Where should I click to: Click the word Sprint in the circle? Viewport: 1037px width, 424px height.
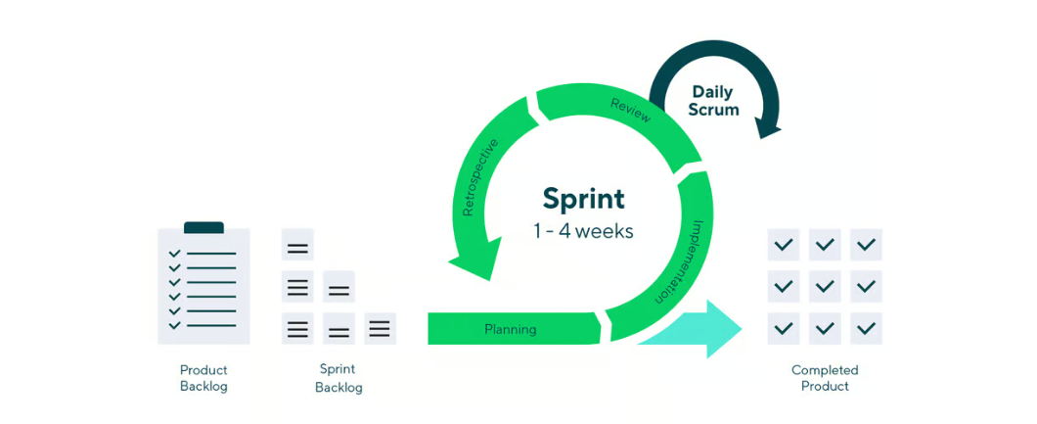coord(583,198)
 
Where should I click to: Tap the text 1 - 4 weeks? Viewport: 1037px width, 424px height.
coord(583,232)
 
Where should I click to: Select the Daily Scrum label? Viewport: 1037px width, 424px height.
coord(712,101)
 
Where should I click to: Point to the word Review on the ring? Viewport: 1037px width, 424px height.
coord(630,111)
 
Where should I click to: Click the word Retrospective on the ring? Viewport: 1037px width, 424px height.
coord(479,176)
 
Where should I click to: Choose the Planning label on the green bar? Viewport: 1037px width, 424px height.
coord(510,329)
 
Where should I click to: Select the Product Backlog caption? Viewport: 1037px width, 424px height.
coord(203,378)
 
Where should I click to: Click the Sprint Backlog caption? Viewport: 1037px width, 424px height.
coord(338,378)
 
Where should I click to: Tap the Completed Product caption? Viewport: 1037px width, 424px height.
coord(825,378)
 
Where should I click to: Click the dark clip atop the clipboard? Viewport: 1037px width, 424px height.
coord(203,227)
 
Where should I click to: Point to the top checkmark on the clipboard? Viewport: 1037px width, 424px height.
coord(175,254)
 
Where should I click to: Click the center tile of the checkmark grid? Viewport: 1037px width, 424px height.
coord(825,286)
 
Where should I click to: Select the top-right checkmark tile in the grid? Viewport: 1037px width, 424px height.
coord(866,244)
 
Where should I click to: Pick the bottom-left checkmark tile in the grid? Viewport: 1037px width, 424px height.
coord(783,328)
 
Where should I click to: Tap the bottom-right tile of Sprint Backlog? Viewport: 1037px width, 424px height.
coord(380,328)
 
